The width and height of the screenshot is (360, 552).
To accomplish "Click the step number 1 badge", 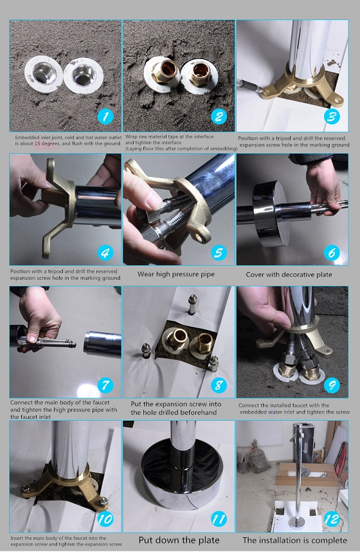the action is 105,116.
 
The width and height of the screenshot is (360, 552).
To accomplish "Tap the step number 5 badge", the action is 219,252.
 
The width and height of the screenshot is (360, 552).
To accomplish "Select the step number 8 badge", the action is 219,385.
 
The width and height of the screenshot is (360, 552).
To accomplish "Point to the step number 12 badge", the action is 332,519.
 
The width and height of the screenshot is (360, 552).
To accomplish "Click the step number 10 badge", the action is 105,519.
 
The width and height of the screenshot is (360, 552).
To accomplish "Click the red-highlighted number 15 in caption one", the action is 38,143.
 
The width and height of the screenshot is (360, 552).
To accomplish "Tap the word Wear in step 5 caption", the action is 145,274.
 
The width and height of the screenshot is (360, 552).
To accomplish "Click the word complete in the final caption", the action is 328,540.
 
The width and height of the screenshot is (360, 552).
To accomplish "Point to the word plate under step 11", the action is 209,540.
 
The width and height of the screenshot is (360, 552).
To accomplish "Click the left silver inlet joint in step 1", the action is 44,75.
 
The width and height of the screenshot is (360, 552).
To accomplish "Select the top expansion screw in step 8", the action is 192,304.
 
